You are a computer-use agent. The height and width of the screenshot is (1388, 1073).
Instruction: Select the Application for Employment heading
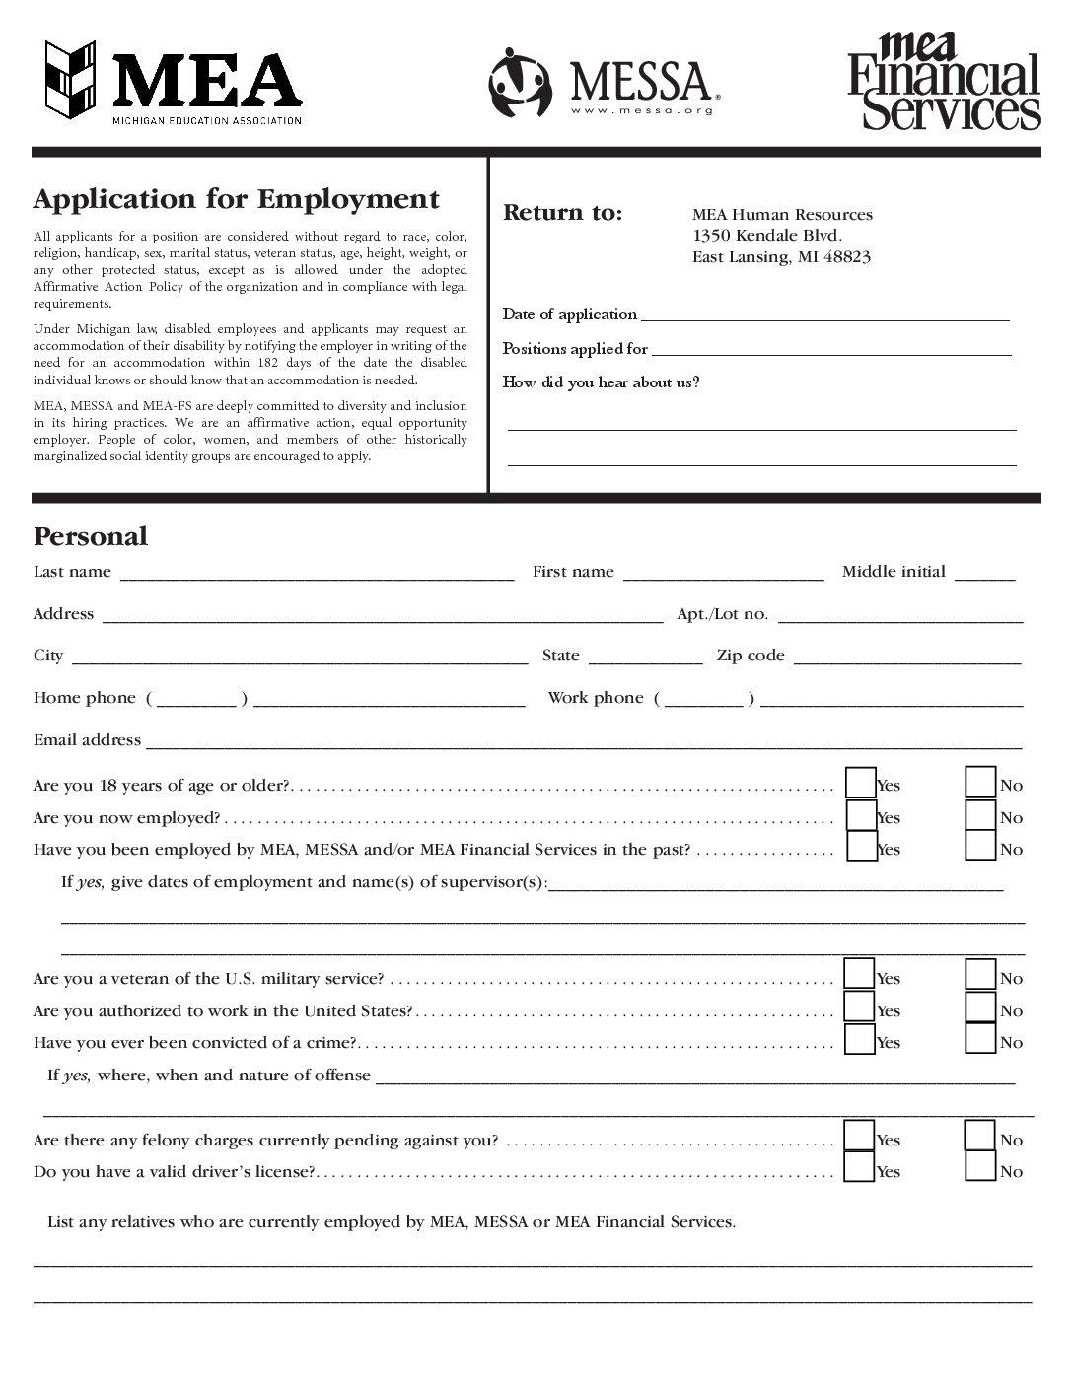tap(237, 199)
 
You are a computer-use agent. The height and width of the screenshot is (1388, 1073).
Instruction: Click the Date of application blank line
tap(824, 315)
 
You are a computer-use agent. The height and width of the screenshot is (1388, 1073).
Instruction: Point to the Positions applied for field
tap(830, 349)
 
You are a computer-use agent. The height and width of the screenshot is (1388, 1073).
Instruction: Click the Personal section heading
tap(91, 536)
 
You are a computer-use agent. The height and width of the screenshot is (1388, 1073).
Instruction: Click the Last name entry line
tap(316, 574)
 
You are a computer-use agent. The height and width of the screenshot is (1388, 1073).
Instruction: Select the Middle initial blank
tap(984, 574)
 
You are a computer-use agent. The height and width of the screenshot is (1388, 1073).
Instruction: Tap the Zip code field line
tap(906, 658)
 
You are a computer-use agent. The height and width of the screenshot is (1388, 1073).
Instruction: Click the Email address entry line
tap(582, 742)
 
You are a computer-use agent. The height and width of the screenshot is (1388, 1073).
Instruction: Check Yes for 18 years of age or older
tap(861, 783)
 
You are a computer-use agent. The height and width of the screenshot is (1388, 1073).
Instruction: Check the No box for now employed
tap(980, 815)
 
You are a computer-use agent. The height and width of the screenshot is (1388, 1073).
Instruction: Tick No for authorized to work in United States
tap(980, 1007)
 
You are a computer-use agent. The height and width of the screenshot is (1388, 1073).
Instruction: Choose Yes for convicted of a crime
tap(860, 1039)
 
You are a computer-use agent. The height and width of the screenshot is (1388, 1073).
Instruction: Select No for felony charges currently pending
tap(980, 1137)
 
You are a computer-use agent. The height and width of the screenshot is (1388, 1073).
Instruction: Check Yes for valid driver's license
tap(860, 1168)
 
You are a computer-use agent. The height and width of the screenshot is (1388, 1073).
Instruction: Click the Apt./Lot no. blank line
tap(899, 616)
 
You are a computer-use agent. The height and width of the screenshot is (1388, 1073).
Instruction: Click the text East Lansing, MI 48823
tap(781, 257)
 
